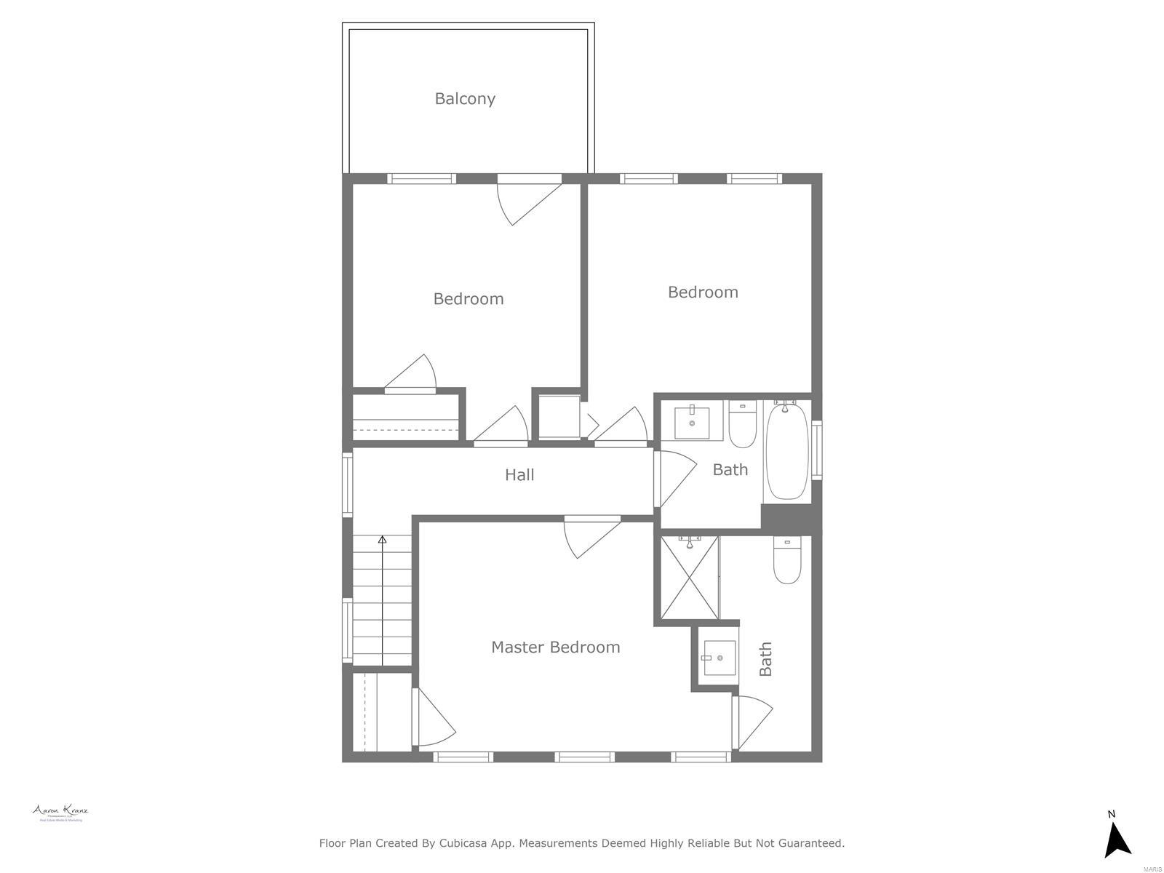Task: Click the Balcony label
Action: pos(465,99)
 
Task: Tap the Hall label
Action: pos(519,475)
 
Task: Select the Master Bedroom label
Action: pos(555,647)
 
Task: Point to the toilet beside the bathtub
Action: pos(743,426)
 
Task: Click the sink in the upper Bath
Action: pos(692,423)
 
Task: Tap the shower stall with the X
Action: pos(689,578)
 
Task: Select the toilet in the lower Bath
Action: pos(786,562)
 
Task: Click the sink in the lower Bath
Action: pos(718,658)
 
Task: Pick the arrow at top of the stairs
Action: pos(383,540)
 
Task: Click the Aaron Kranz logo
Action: pos(60,813)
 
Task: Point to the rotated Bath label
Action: pos(765,659)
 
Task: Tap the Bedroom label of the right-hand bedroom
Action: pos(703,292)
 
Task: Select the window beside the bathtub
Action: pos(817,450)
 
